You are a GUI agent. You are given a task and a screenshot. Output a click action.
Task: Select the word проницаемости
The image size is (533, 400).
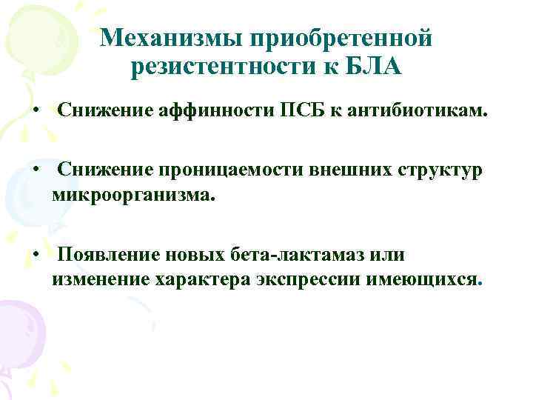(219, 170)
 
